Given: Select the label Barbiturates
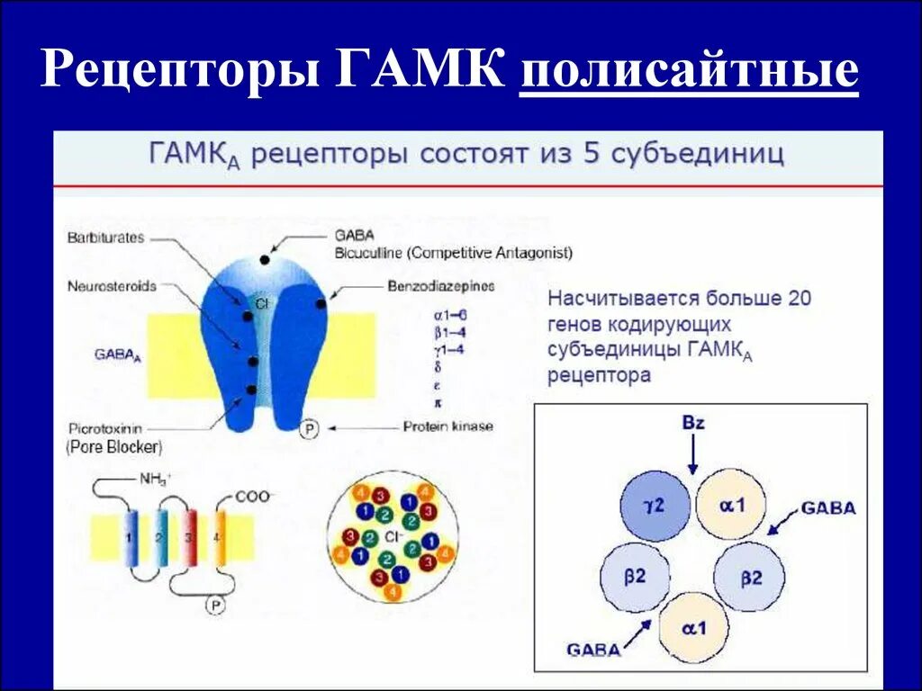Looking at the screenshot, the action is point(106,238).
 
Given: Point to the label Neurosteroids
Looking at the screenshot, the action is point(112,286).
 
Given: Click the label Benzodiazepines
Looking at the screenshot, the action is point(441,286).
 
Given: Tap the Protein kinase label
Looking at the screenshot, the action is point(448,426).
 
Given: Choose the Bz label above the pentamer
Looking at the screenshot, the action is point(692,424).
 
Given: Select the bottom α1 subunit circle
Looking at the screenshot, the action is point(692,627).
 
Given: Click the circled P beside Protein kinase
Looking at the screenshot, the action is point(309,428).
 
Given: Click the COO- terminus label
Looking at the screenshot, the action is point(256,496).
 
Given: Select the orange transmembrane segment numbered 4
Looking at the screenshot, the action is point(220,538).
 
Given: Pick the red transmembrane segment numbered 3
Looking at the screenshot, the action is point(189,538).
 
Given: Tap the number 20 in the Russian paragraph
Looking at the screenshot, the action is point(793,299).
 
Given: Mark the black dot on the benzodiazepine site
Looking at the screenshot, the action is point(321,304).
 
